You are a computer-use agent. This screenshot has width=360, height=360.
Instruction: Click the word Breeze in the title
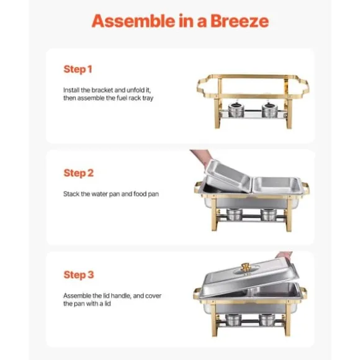pos(240,21)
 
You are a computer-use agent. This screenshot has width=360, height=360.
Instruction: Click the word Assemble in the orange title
pos(133,21)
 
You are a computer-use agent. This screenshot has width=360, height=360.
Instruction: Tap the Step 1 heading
pos(78,70)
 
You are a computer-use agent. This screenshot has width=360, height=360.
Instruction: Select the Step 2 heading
pos(79,173)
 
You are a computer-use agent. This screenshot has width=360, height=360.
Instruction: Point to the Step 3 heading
pos(79,275)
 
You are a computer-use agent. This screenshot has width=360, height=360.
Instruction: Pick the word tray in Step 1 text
pos(148,98)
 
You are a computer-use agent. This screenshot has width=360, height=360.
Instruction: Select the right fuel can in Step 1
pos(269,109)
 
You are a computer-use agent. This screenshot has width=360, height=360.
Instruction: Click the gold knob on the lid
pos(246,268)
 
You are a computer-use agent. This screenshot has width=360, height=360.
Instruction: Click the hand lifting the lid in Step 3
pos(284,255)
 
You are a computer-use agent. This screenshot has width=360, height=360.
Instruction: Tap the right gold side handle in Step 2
pos(306,188)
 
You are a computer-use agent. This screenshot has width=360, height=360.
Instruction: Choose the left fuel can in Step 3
pos(233,320)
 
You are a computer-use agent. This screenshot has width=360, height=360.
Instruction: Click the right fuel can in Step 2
pos(269,215)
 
